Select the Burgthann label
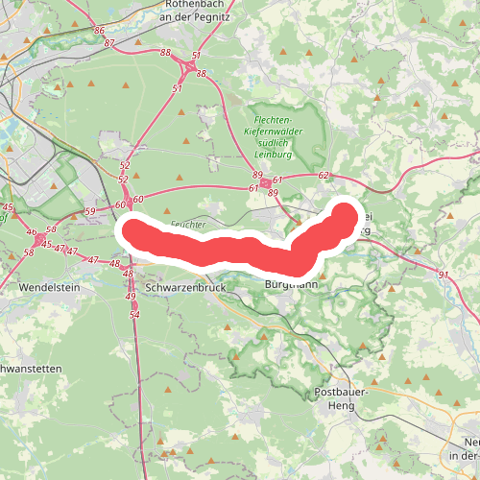pos(291,285)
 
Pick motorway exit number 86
pos(100,31)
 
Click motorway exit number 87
pos(109,43)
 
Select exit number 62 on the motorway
pos(324,176)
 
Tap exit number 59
pos(90,211)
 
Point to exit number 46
pos(31,231)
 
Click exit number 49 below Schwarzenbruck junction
pos(131,297)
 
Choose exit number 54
pos(134,314)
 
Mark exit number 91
pos(443,276)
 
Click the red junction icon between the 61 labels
pos(265,182)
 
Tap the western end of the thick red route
pos(130,232)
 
